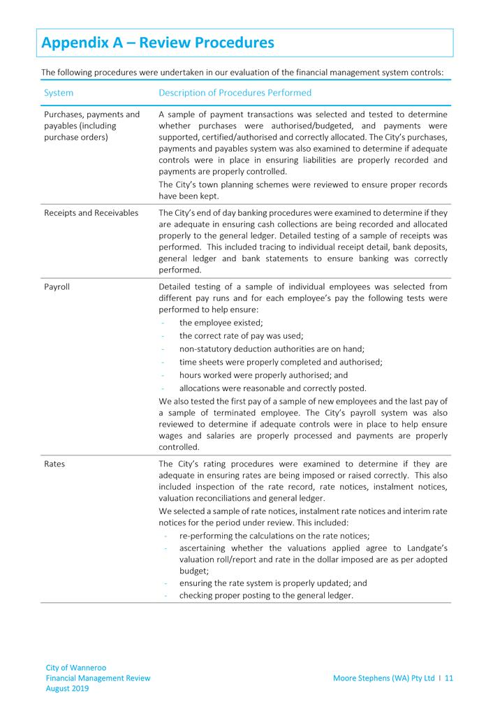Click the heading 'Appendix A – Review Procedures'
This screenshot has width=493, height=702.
point(158,43)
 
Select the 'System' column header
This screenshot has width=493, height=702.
point(59,92)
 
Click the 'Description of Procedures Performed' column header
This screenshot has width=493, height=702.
point(235,92)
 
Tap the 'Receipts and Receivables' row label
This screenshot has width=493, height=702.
point(90,213)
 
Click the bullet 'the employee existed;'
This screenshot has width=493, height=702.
point(221,323)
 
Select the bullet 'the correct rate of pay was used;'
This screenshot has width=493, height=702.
point(241,335)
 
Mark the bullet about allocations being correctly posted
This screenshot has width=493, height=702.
point(272,388)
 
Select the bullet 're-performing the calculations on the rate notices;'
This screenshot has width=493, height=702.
point(274,536)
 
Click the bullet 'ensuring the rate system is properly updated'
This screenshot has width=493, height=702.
point(273,583)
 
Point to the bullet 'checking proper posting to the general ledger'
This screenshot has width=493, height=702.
point(266,595)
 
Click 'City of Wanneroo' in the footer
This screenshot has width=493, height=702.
point(76,668)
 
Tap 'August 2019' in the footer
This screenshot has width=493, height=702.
point(68,688)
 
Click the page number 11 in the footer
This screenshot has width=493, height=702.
point(449,678)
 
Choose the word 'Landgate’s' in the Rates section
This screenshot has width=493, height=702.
point(423,548)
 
